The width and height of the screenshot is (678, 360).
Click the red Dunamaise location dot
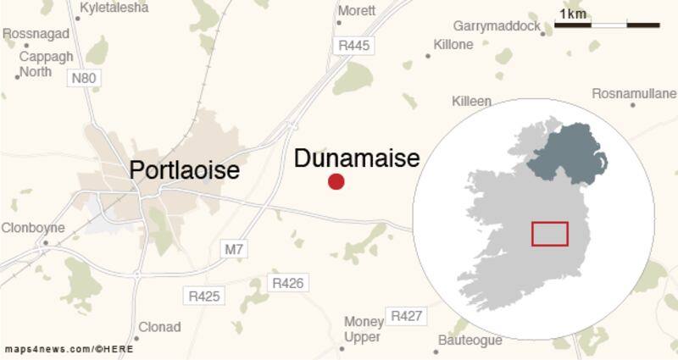click(336, 181)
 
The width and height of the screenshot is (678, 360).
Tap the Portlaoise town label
click(184, 170)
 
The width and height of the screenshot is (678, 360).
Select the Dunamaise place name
click(357, 158)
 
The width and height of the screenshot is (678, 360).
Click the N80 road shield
click(83, 78)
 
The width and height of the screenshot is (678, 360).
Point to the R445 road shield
click(353, 46)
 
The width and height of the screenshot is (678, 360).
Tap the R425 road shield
click(203, 296)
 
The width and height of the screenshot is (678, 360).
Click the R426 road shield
click(286, 283)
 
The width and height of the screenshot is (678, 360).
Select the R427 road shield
click(406, 316)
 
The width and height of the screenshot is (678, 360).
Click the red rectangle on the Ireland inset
click(549, 234)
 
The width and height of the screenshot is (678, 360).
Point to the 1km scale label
click(572, 14)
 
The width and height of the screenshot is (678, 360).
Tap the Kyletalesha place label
click(113, 8)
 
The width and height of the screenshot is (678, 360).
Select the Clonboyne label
click(32, 228)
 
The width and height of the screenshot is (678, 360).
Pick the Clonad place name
click(159, 327)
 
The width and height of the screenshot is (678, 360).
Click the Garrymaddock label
click(496, 27)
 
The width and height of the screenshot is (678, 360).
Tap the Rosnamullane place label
click(634, 92)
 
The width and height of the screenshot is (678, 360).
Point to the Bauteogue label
click(470, 341)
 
